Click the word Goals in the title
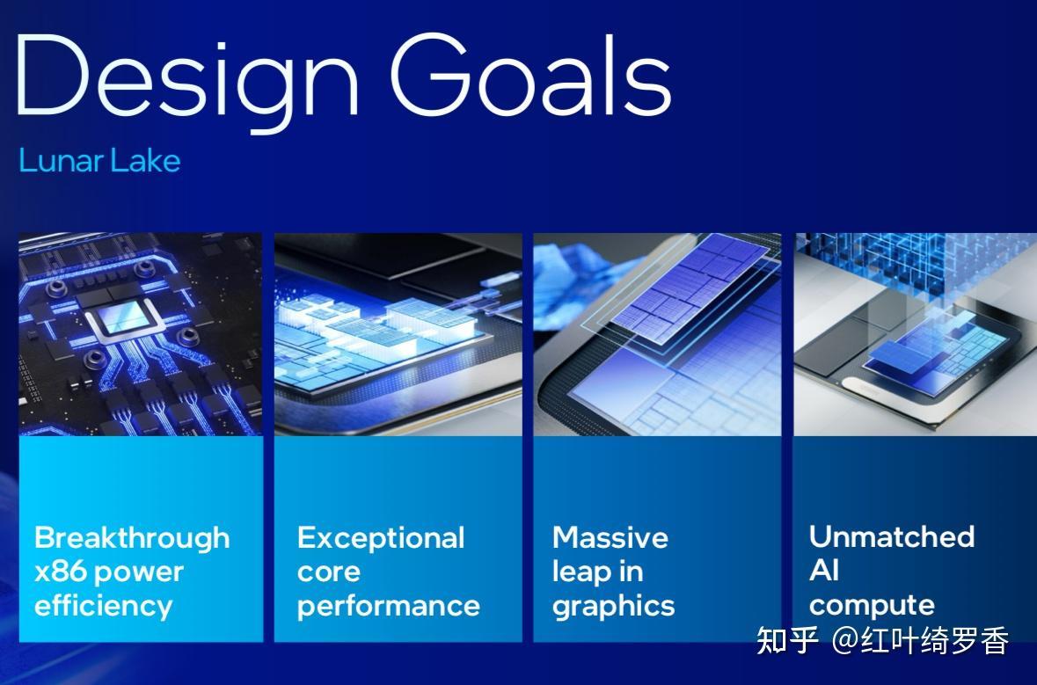coord(531,74)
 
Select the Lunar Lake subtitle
coord(99,161)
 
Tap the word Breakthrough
coord(132,537)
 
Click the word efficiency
coord(103,606)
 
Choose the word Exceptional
coord(381,538)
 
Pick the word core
coord(329,572)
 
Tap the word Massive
coord(610,537)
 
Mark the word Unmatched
coord(892,536)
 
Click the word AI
coord(824,570)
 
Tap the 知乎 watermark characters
coord(788,640)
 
